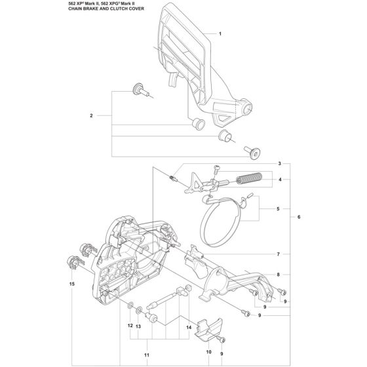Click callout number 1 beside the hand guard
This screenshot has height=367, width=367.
tap(220, 34)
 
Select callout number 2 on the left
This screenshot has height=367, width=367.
tap(91, 115)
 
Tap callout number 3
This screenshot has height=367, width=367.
tap(279, 164)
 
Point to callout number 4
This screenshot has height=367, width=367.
tap(280, 180)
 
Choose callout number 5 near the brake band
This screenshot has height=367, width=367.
tap(278, 209)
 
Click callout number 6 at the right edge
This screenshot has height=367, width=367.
tap(299, 217)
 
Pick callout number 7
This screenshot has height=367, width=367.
tap(279, 254)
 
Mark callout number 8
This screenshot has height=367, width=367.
tap(278, 275)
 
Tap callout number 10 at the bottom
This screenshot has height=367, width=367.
tap(209, 352)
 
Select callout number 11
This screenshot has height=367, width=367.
tap(147, 355)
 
